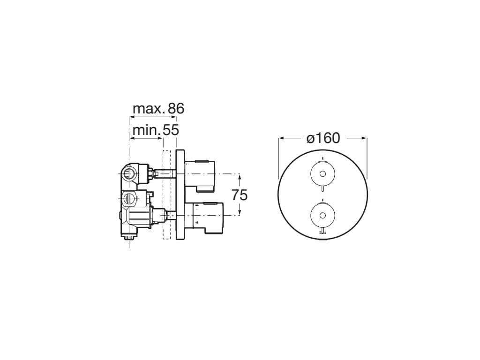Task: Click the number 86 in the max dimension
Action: point(176,109)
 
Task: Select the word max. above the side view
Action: point(149,109)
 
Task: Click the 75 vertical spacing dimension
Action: point(240,195)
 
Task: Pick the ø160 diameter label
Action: point(323,138)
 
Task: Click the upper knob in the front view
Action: point(322,174)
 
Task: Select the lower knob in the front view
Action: point(322,216)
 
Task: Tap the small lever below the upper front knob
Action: point(322,189)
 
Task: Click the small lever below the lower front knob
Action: point(322,231)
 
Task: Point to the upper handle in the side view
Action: point(200,174)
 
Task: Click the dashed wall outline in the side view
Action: point(165,195)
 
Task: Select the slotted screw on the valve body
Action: point(129,199)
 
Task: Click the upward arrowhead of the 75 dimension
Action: point(240,176)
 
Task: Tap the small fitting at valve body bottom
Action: point(129,239)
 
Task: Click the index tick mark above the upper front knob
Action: point(322,156)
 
